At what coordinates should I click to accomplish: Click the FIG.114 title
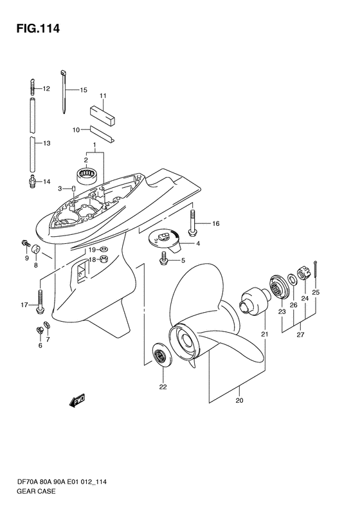click(39, 28)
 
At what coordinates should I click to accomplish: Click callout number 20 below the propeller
click(239, 400)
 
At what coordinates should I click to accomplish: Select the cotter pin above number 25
click(316, 270)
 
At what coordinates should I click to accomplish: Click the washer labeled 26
click(291, 278)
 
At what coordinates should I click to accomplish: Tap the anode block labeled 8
click(35, 250)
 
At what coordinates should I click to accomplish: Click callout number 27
click(301, 335)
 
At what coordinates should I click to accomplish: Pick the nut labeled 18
click(104, 259)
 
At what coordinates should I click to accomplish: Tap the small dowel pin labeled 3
click(74, 189)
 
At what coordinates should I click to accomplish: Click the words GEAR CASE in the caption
click(35, 491)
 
